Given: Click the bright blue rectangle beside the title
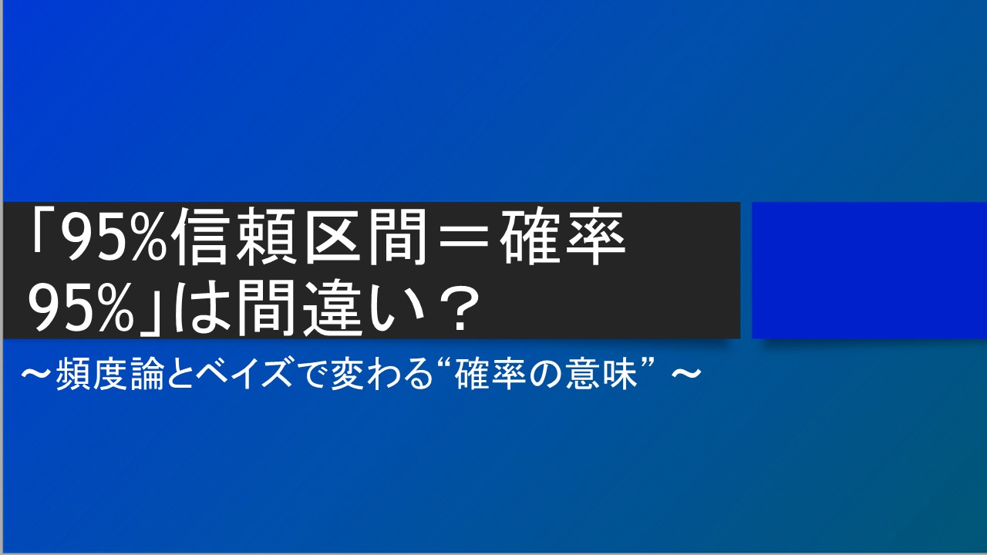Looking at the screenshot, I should pyautogui.click(x=869, y=270).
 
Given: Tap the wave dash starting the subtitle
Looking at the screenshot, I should pyautogui.click(x=39, y=376).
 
